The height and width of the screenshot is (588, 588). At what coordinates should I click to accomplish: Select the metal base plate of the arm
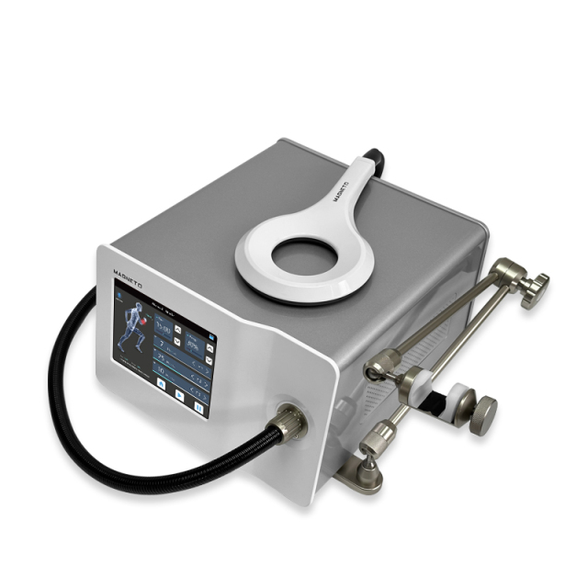point(358,474)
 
